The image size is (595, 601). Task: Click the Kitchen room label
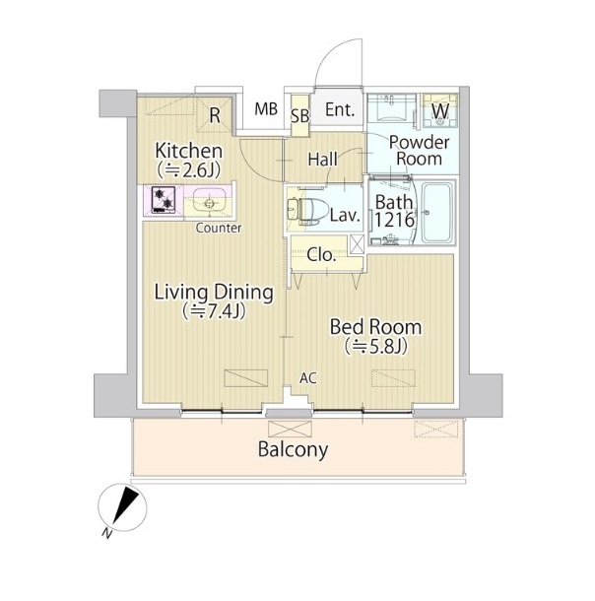point(188,151)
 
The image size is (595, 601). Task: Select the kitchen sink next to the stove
point(207,201)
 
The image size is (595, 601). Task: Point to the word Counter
point(219,228)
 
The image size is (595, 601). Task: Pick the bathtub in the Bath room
point(437,212)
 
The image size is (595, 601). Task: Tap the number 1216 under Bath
point(394,220)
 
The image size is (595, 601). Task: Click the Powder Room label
point(419,150)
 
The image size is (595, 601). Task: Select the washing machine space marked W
point(440,110)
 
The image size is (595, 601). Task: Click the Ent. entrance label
point(340,110)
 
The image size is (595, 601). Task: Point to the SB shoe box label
point(300,115)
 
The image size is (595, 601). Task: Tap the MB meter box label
point(266,108)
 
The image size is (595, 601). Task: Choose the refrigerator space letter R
point(215,115)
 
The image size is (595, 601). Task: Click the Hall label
point(322,160)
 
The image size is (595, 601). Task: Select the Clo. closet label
point(321,255)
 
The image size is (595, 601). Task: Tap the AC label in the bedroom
point(308,378)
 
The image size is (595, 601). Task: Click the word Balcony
point(293,449)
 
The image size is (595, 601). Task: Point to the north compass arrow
point(126,504)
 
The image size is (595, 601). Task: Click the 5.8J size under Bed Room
point(375,347)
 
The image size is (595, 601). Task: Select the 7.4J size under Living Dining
point(214,311)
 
